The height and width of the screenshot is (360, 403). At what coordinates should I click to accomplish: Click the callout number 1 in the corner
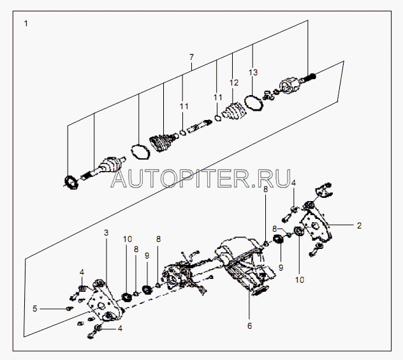26,24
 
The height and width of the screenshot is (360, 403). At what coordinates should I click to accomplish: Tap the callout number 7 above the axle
191,57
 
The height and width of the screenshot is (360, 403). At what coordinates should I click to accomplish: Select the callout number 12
233,83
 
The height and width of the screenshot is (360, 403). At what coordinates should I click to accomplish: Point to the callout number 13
253,73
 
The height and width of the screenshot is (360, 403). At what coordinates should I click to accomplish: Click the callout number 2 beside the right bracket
360,225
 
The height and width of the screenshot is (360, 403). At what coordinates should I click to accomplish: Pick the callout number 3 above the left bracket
106,234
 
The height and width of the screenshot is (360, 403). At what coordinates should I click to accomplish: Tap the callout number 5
35,309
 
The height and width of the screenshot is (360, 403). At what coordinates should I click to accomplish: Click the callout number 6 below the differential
250,326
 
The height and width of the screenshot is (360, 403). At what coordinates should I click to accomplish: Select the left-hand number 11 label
184,105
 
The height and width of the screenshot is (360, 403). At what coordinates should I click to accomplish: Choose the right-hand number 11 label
217,97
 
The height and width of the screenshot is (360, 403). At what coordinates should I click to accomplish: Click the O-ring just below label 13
253,101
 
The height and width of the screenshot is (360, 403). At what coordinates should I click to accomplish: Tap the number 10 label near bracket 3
128,239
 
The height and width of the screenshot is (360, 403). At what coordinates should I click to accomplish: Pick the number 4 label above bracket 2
293,183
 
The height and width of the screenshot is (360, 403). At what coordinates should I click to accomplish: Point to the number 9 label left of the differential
147,255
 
